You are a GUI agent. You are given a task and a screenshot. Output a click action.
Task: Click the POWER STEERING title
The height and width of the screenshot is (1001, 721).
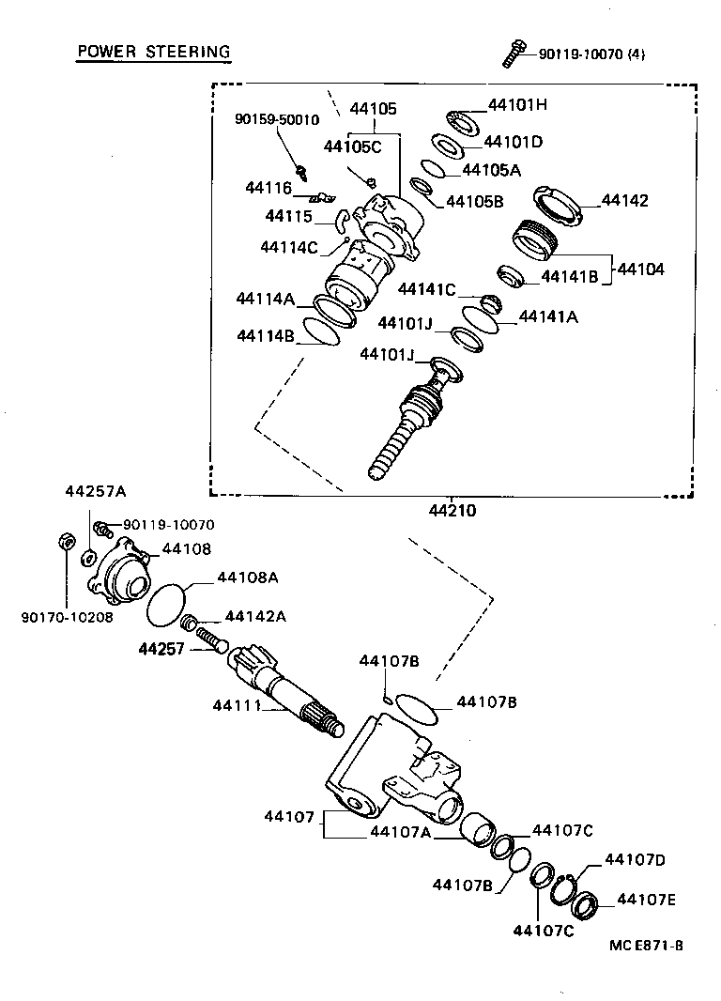[153, 51]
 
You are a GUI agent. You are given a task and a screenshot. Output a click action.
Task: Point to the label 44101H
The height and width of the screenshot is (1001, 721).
[516, 105]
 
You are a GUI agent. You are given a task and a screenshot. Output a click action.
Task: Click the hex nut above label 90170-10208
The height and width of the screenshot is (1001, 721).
[67, 541]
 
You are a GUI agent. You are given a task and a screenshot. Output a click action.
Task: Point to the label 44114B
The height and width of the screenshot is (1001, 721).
[266, 335]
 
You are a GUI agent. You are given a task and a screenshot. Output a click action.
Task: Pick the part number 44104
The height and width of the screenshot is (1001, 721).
[640, 269]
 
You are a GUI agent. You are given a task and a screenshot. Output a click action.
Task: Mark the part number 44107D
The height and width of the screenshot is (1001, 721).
[635, 858]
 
